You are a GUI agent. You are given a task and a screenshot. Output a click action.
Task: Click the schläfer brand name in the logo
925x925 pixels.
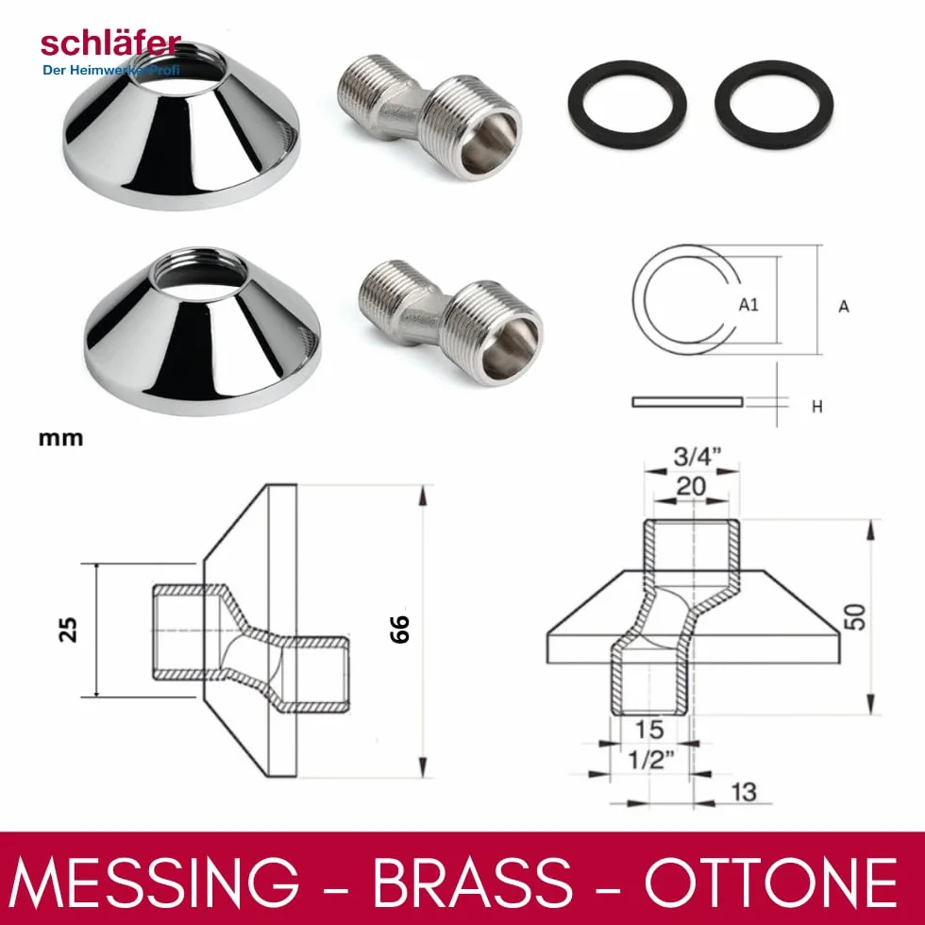(x=111, y=44)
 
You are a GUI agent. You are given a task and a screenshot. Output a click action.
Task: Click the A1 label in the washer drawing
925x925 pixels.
(x=748, y=305)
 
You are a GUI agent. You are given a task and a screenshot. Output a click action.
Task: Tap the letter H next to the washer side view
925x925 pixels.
(x=817, y=407)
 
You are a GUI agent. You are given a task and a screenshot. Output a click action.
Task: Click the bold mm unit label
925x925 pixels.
(x=60, y=439)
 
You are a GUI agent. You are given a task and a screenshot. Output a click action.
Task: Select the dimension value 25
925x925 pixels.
(x=68, y=630)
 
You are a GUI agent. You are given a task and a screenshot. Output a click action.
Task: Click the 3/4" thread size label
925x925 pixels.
(x=698, y=456)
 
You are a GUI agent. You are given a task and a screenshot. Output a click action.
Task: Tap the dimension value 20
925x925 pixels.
(x=691, y=487)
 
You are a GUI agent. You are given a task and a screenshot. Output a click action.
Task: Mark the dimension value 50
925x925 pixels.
(x=857, y=617)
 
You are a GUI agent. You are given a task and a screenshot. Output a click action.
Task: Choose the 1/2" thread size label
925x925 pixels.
(x=650, y=760)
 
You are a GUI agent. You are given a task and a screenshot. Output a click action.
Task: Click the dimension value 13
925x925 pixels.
(x=744, y=792)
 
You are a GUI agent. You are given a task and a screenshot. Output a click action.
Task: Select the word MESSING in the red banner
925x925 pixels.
(x=155, y=882)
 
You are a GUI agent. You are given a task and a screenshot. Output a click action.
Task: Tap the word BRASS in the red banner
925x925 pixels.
(x=473, y=882)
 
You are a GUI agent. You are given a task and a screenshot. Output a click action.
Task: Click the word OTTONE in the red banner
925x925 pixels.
(x=771, y=882)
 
